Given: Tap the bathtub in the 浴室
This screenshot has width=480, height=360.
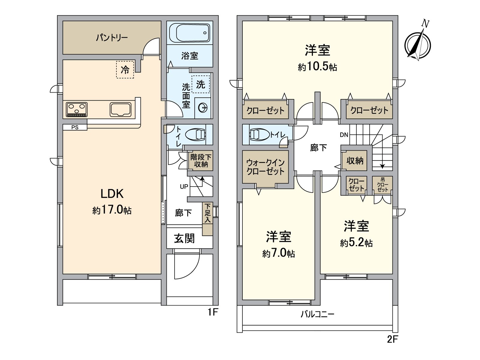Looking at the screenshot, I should [x=190, y=33].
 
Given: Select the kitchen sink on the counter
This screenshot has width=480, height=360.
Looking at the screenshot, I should [x=121, y=109].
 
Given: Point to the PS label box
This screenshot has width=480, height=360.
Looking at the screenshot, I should [x=75, y=127].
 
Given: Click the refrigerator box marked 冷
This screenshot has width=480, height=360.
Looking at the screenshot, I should [x=125, y=70].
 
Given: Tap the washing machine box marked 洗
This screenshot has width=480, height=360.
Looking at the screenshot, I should [x=201, y=84].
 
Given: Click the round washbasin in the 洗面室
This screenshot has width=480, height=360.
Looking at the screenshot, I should [x=203, y=107].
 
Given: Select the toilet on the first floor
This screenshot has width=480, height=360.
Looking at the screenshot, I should [x=195, y=134].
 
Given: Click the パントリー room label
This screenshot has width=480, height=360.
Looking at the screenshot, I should [x=112, y=38].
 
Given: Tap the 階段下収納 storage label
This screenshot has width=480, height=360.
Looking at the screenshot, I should [x=201, y=160].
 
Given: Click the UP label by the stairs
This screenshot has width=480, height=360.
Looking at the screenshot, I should [x=184, y=186].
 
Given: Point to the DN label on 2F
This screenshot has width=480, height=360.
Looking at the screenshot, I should [x=344, y=135].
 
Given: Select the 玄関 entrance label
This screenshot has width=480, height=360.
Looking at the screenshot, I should [x=184, y=238].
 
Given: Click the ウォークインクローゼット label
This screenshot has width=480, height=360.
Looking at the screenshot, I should [x=265, y=167].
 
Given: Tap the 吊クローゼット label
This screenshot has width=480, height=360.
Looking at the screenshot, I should [x=382, y=185].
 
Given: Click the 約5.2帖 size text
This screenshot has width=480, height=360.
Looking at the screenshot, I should [x=356, y=243].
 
